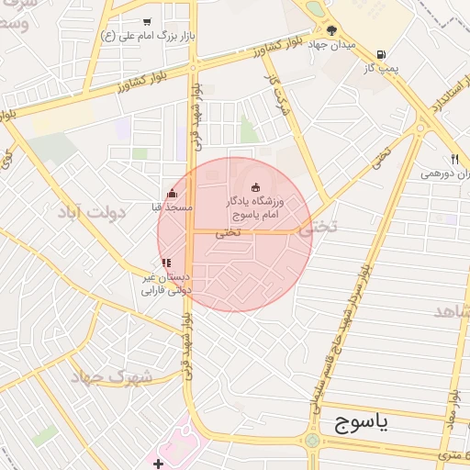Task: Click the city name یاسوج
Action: coord(357,422)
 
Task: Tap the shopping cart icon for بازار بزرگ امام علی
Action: coord(148,21)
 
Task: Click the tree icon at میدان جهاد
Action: coord(331,30)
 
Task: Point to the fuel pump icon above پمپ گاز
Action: coord(381,53)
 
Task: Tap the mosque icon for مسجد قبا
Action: coord(172,194)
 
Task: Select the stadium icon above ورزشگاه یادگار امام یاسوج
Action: coord(256,187)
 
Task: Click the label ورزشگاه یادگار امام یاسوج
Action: coord(256,207)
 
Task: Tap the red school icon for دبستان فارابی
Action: coord(166,263)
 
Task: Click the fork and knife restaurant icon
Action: coord(454,158)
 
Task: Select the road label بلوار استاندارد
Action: coord(430,99)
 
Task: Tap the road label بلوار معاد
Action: coord(452,421)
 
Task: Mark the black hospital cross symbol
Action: coord(158,464)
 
